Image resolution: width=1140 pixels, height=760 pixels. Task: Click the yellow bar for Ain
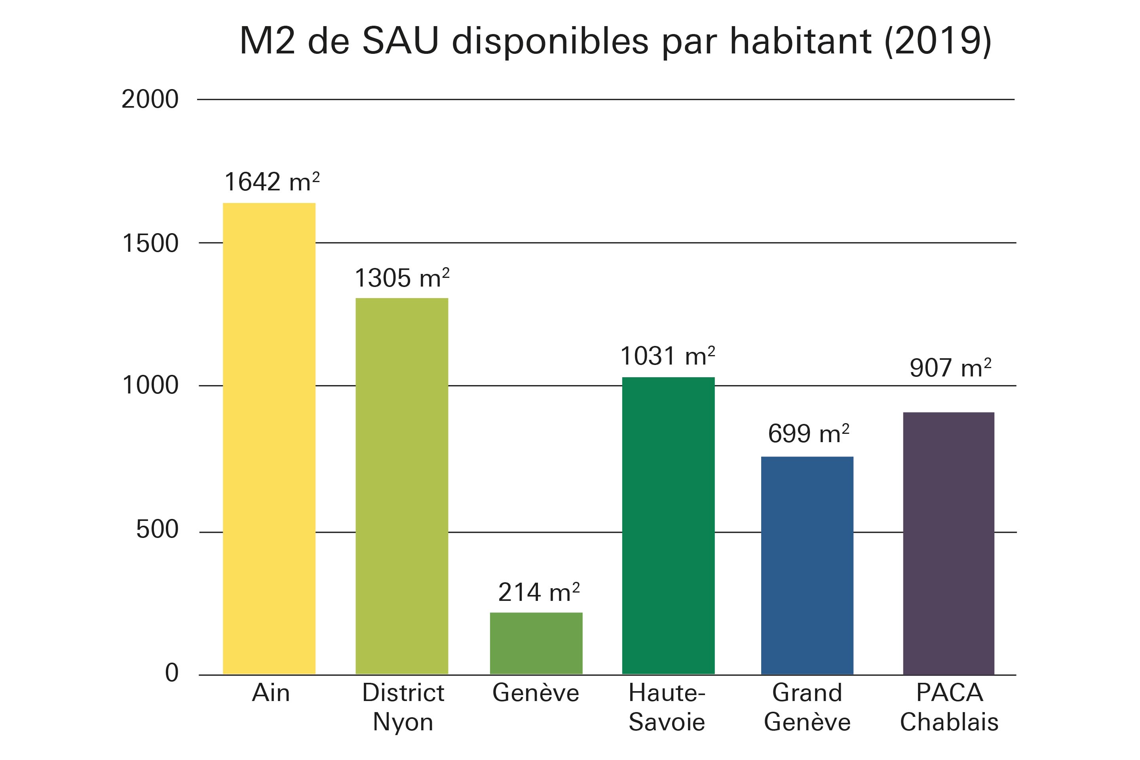click(x=269, y=439)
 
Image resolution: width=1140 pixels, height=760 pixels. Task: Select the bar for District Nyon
click(x=402, y=486)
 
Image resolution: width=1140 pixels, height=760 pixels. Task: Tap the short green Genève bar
click(x=536, y=643)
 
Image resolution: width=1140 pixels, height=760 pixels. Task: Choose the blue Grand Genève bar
click(x=807, y=566)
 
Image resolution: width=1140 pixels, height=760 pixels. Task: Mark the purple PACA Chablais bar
click(x=948, y=543)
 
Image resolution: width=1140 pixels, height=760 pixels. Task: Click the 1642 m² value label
click(x=272, y=182)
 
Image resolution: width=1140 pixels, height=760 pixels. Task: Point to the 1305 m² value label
click(x=402, y=278)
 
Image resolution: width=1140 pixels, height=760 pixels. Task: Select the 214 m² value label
click(x=538, y=592)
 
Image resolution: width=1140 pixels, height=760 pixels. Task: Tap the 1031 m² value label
click(x=667, y=357)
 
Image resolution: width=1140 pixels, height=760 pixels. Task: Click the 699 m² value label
click(x=808, y=433)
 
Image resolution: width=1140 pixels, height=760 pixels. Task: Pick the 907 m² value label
click(x=950, y=368)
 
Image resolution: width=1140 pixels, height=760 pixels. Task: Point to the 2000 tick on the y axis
click(x=150, y=99)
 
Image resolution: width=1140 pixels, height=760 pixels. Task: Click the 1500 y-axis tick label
click(x=150, y=243)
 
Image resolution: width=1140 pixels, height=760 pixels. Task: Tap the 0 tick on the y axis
click(x=171, y=673)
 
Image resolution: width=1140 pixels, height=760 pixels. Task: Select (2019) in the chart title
click(x=937, y=41)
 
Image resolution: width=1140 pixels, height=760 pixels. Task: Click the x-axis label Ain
click(x=270, y=693)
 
